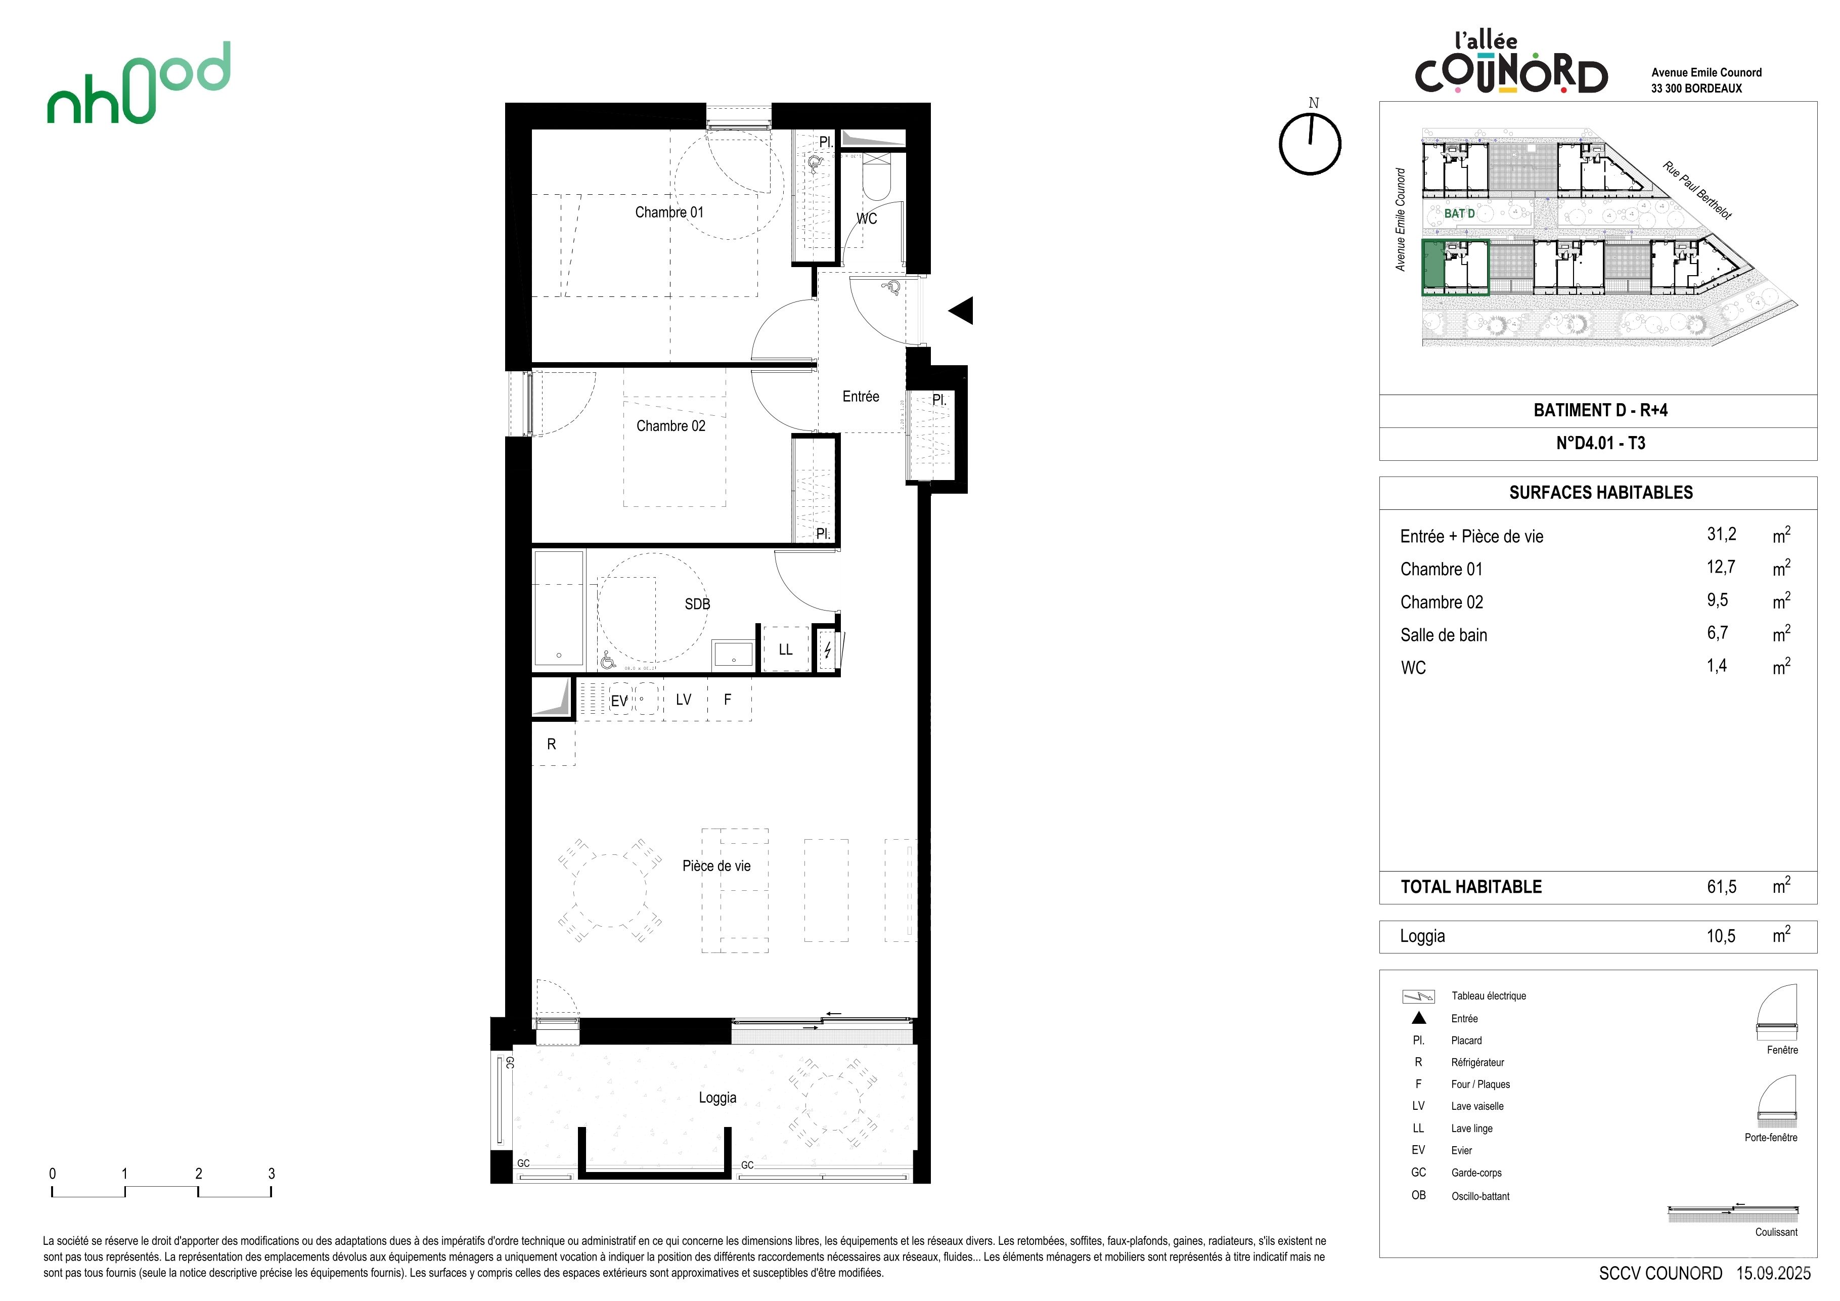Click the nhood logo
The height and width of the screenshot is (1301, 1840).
tap(139, 83)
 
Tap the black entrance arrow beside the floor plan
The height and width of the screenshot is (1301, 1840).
tap(962, 310)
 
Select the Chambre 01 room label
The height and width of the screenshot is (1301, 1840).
tap(669, 212)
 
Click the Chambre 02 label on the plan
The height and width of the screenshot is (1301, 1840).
tap(671, 425)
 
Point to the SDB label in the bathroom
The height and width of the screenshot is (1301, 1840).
tap(697, 603)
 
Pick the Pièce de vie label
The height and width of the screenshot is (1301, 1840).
tap(716, 865)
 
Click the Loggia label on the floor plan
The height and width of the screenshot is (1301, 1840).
tap(717, 1097)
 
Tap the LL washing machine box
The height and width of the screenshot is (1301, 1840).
tap(785, 648)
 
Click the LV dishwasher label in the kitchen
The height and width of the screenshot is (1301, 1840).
tap(684, 699)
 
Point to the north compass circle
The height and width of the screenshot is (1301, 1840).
tap(1310, 144)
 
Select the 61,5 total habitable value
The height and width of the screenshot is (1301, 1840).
tap(1721, 887)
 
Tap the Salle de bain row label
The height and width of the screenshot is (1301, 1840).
tap(1443, 635)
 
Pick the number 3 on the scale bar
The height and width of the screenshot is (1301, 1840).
tap(272, 1174)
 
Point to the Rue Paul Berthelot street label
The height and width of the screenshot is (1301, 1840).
tap(1697, 190)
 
